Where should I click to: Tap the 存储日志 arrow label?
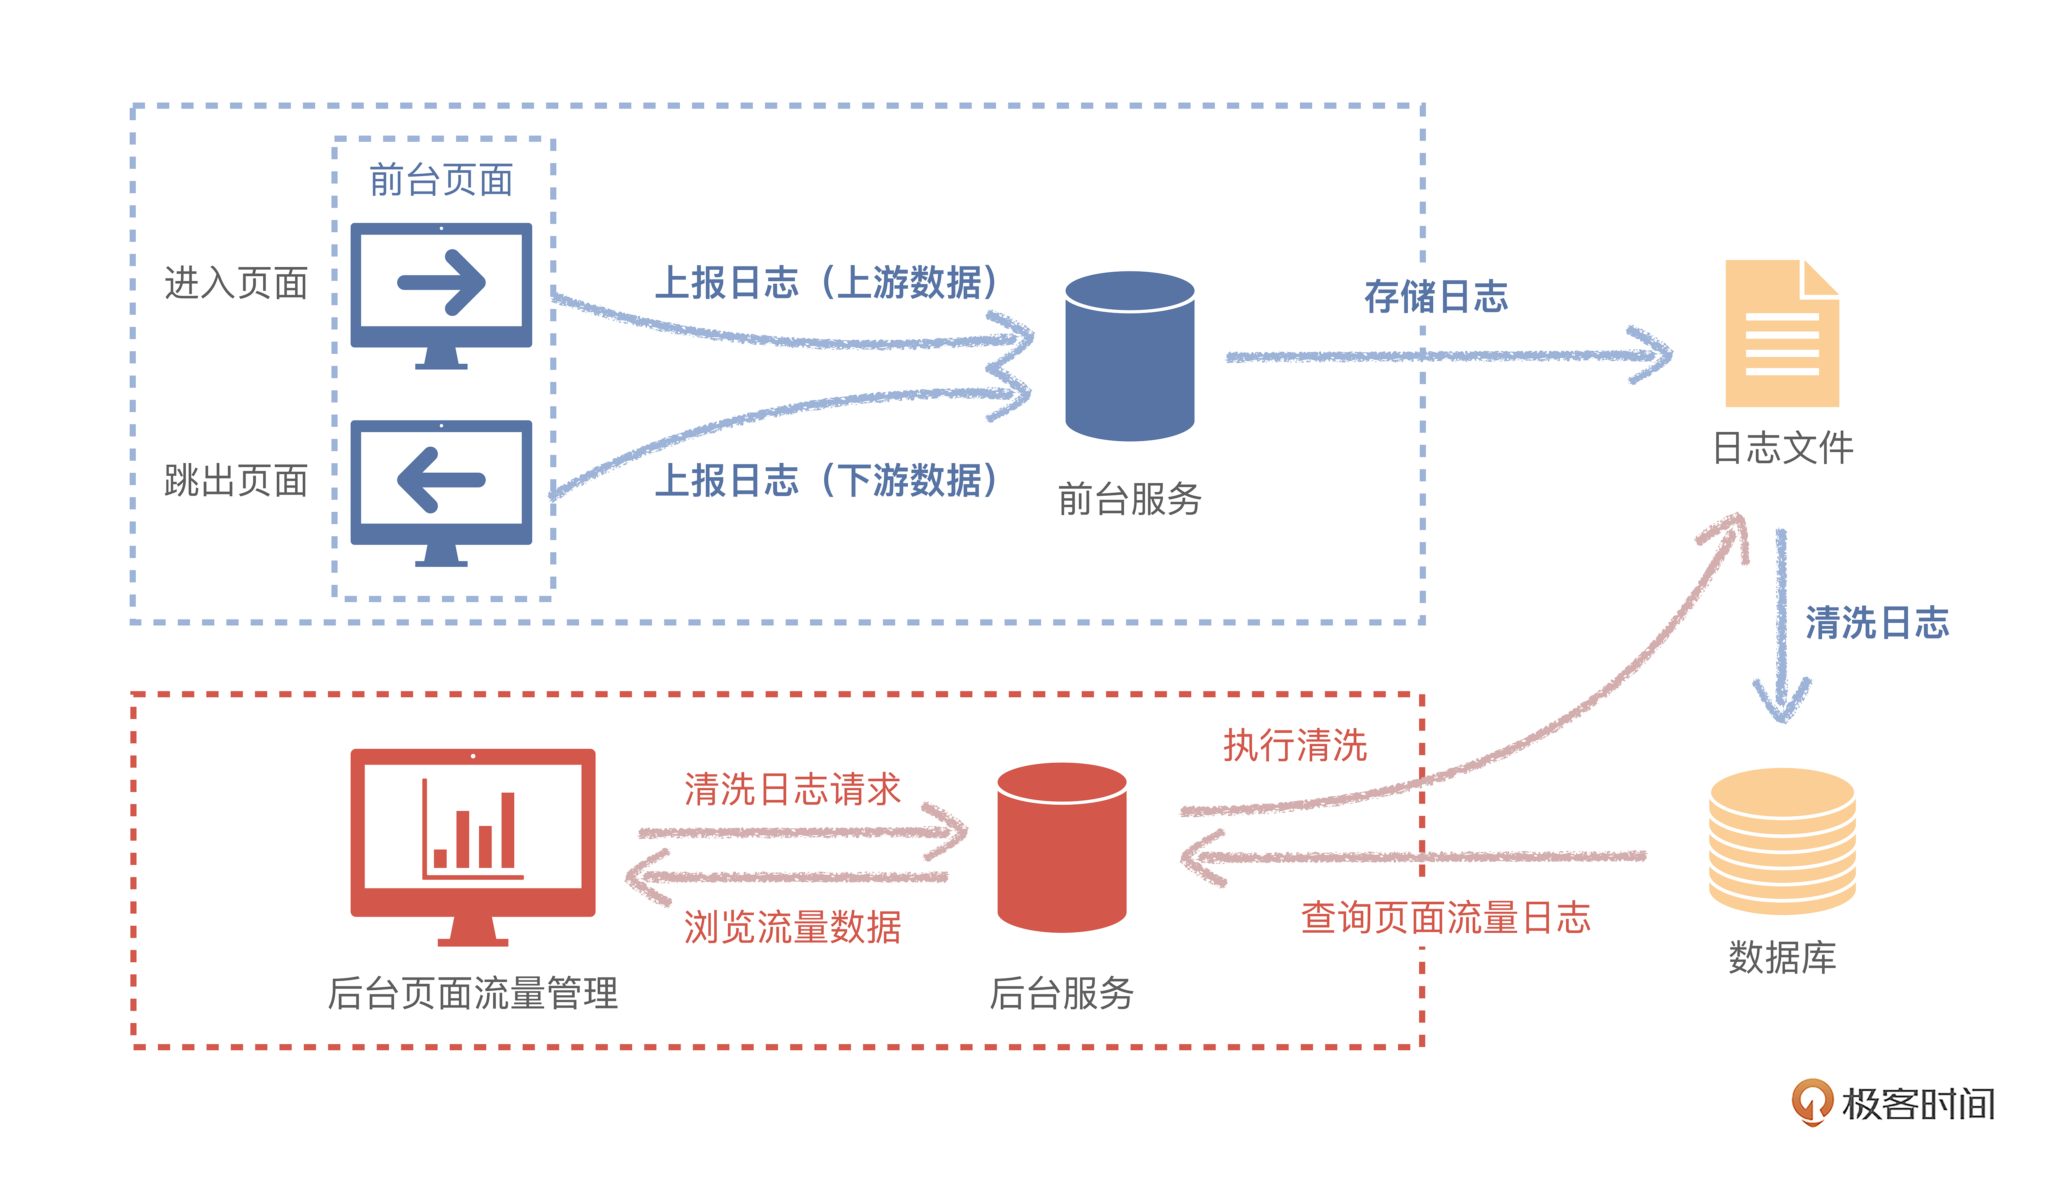(x=1436, y=296)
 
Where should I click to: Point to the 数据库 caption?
(x=1782, y=957)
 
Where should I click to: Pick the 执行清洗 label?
(x=1295, y=745)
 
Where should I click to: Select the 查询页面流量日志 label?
(x=1445, y=918)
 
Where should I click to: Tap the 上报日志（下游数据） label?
(x=826, y=481)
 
